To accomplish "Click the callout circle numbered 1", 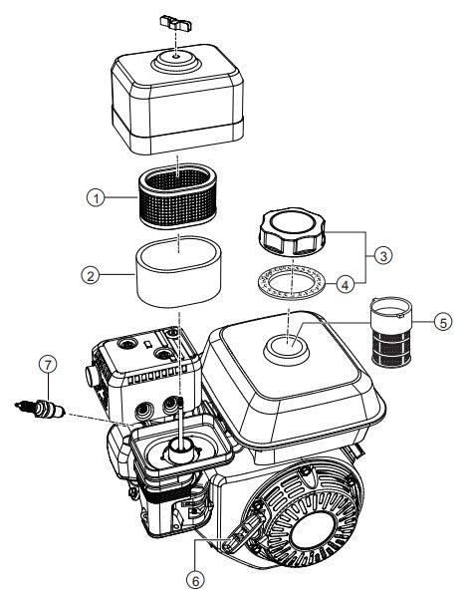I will click(x=96, y=198).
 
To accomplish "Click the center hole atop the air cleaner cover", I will click(x=175, y=59).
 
